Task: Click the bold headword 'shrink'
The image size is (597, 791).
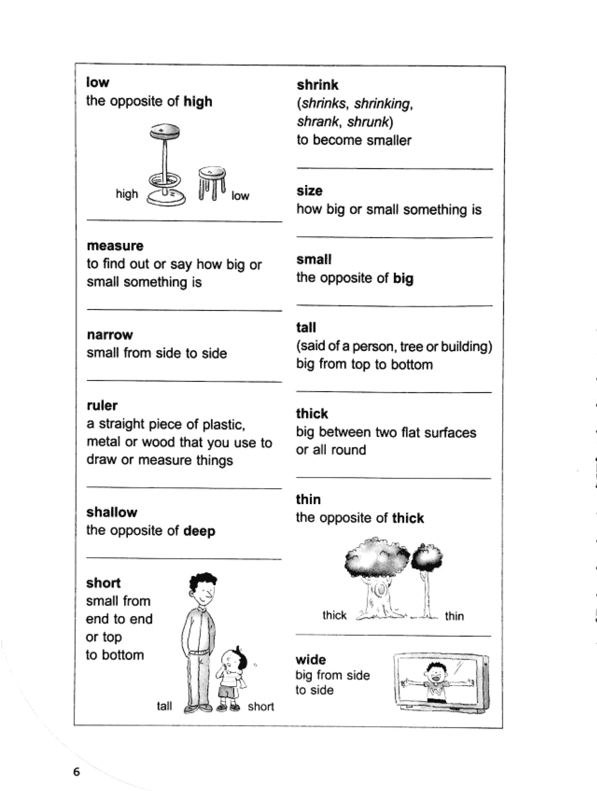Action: coord(317,85)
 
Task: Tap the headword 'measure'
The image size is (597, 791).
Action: coord(115,246)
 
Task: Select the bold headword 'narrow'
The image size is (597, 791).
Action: coord(110,335)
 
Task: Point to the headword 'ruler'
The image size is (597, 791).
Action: coord(102,406)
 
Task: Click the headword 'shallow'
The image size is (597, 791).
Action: coord(112,512)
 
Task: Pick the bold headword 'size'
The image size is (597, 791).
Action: coord(309,191)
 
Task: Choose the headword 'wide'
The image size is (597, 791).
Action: coord(311,659)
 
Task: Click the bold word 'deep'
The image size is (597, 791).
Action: coord(199,531)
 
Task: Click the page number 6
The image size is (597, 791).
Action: coord(77,772)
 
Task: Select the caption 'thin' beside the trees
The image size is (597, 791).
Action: coord(454,616)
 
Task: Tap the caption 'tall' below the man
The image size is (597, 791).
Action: coord(164,706)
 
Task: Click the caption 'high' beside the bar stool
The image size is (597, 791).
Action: coord(127,193)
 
